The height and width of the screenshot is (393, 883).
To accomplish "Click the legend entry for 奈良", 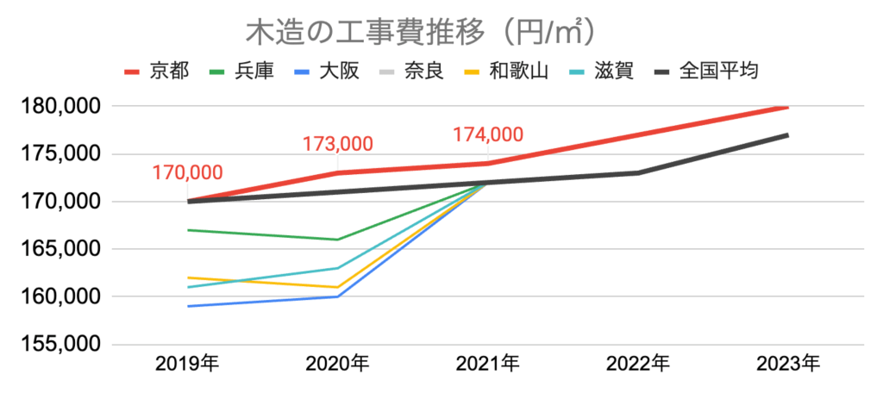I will pyautogui.click(x=423, y=70).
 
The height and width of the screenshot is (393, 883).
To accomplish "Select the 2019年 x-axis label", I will pyautogui.click(x=187, y=364).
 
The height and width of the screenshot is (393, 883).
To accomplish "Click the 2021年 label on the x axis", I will pyautogui.click(x=487, y=364).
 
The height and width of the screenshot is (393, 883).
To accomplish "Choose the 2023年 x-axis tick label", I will pyautogui.click(x=787, y=364).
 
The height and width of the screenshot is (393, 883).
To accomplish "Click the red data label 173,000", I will pyautogui.click(x=337, y=144).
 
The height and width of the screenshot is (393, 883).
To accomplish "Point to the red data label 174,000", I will pyautogui.click(x=488, y=134).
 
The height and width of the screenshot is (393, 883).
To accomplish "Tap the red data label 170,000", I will pyautogui.click(x=187, y=172).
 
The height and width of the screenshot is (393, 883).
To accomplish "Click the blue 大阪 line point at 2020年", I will pyautogui.click(x=337, y=296).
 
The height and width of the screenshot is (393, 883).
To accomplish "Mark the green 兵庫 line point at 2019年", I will pyautogui.click(x=188, y=230).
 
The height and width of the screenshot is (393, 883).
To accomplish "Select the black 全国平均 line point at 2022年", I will pyautogui.click(x=638, y=172).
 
